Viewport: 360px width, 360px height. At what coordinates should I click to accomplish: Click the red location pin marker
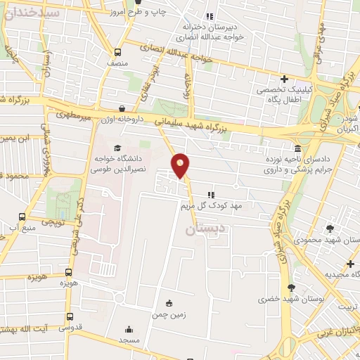pos(181,165)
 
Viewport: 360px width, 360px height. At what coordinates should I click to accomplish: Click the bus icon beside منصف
pos(117,52)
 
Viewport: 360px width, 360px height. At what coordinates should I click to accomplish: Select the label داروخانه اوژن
pos(122,120)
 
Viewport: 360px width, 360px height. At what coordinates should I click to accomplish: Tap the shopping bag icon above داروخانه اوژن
pos(122,108)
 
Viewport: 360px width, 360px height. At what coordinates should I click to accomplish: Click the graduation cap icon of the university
pos(117,148)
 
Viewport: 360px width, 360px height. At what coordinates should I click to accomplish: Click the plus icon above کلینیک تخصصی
pos(284,79)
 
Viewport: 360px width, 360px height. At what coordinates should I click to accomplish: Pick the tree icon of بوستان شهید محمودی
pos(330,228)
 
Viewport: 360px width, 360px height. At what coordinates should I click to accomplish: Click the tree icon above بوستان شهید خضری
pos(291,287)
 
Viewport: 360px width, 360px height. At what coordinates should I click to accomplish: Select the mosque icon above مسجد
pos(129,329)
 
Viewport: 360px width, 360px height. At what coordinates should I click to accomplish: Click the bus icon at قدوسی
pos(68,316)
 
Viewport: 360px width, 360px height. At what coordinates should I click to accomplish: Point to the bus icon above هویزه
pos(68,272)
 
